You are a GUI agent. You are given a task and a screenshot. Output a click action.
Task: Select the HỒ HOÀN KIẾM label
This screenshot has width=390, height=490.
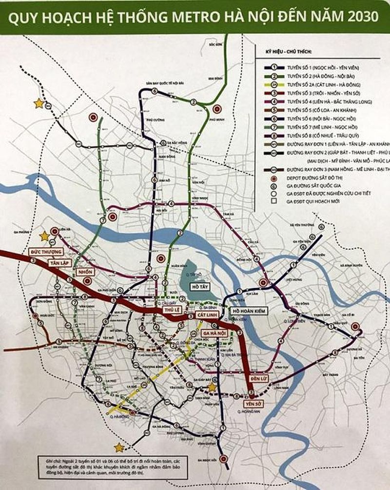(x=249, y=311)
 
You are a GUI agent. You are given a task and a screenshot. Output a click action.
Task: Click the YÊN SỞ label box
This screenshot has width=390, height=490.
(x=251, y=404)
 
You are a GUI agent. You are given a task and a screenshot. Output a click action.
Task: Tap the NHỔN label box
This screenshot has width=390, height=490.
(x=84, y=271)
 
